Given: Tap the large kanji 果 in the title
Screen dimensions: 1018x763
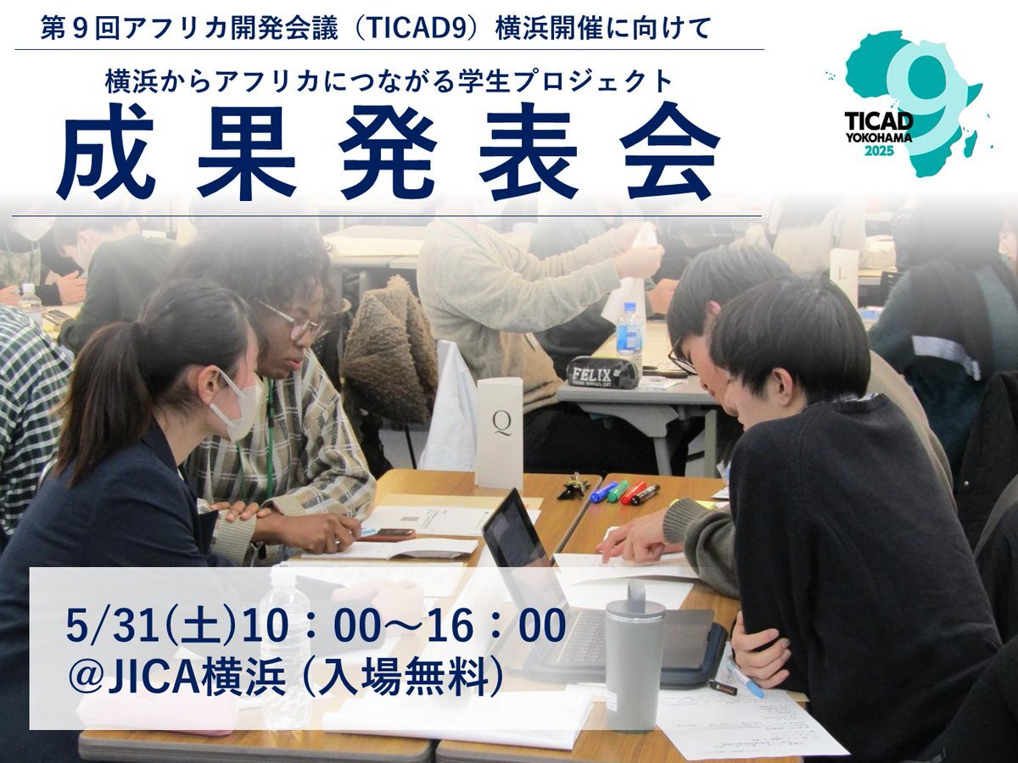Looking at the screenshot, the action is [x=246, y=152].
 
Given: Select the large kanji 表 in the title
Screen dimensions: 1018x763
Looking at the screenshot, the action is [x=528, y=152].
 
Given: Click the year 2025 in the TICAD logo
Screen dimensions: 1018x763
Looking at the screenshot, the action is [x=879, y=151].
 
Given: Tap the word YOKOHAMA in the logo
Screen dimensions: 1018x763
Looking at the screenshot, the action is [x=878, y=137].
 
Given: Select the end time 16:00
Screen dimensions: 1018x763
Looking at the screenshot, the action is [x=496, y=627].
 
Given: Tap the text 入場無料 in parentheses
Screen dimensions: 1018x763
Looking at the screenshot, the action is [x=402, y=680].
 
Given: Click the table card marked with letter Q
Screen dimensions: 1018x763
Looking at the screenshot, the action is [x=500, y=432].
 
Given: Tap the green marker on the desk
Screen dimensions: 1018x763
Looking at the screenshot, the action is [x=618, y=491].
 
